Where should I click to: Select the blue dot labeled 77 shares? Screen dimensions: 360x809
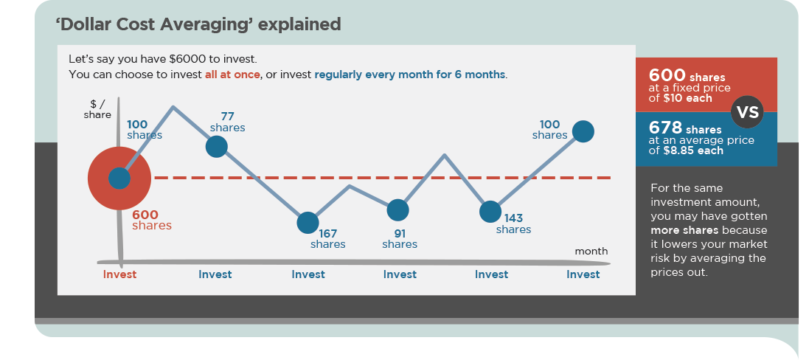216,146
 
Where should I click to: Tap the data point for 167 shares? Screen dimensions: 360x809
308,222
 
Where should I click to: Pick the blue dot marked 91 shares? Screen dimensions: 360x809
397,210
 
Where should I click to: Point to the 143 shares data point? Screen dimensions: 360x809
490,212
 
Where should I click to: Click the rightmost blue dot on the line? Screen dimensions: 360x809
583,131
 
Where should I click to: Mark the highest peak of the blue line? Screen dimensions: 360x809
173,107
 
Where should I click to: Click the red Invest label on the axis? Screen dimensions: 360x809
119,274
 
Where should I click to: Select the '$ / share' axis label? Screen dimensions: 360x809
97,109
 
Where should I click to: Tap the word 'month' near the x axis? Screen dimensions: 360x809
591,251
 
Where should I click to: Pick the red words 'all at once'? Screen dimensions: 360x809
232,75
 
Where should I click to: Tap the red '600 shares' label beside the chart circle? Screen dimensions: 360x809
152,220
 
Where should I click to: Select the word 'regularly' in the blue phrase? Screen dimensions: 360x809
339,75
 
